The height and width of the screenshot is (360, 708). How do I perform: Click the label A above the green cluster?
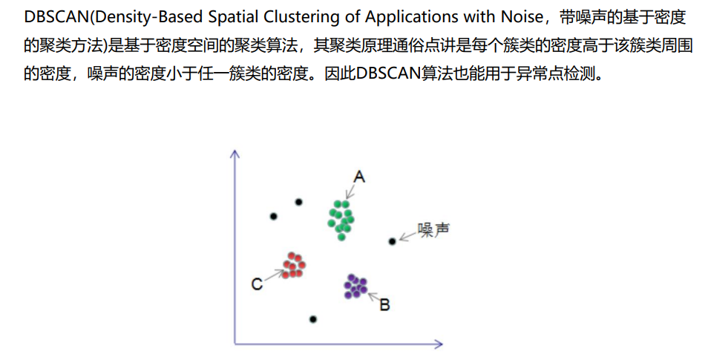click(359, 177)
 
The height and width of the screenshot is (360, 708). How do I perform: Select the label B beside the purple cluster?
click(384, 304)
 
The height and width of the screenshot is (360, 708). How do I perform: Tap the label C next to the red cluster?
click(256, 284)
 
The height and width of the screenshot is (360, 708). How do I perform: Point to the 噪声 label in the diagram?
click(433, 229)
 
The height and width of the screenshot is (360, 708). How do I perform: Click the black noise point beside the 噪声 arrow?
click(392, 241)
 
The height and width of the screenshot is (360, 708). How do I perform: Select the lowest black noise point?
click(313, 319)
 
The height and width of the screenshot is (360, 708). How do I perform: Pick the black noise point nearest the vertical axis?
click(274, 216)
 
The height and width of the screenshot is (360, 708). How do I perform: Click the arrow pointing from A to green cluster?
click(350, 191)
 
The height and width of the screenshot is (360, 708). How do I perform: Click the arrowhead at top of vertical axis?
click(235, 154)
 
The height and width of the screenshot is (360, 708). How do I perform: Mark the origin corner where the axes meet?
click(235, 344)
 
